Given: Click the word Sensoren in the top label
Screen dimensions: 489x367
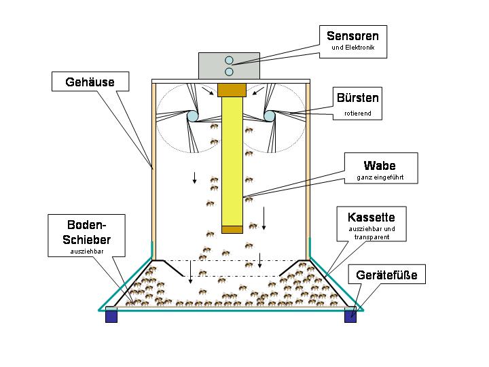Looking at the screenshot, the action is point(352,36).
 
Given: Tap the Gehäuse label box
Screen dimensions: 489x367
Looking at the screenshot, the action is point(90,82).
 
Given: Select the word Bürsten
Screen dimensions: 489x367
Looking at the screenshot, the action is point(358,98).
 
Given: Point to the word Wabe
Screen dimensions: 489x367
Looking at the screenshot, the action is point(380,165).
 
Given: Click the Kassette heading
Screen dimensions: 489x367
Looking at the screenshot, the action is point(371,217).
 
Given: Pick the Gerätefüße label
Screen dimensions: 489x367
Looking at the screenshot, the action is point(386,275).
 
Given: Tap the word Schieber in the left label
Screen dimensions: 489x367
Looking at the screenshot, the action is point(87,240).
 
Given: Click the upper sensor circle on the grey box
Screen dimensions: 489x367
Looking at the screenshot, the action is point(229,60).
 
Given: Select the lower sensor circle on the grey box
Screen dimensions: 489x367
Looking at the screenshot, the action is point(229,72).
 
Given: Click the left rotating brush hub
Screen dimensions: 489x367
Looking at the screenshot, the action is point(192,116).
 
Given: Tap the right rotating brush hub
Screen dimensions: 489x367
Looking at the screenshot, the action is point(269,116).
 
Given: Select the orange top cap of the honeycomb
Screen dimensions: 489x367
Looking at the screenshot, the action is point(232,90).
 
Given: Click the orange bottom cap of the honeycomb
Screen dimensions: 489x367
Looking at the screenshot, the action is point(232,230).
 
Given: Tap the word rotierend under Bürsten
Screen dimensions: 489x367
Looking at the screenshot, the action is point(358,113).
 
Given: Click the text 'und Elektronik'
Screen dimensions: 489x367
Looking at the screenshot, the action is point(352,48).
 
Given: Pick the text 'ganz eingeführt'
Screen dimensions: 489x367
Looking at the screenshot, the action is point(380,177).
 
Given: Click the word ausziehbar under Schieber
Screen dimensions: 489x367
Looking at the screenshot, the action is point(87,251).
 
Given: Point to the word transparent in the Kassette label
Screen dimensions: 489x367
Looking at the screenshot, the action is point(372,237).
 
